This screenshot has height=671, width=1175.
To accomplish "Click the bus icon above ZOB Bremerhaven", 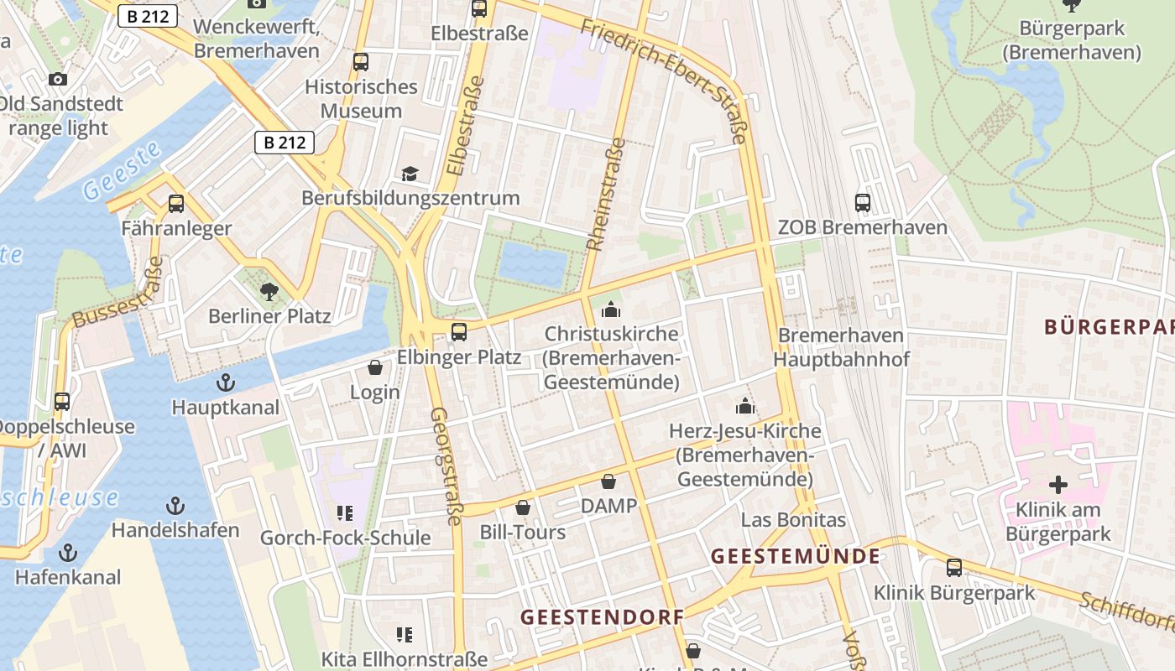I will pyautogui.click(x=863, y=202).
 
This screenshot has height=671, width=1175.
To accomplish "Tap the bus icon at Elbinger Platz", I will pyautogui.click(x=459, y=331).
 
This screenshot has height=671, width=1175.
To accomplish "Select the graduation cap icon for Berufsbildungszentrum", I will pyautogui.click(x=410, y=174).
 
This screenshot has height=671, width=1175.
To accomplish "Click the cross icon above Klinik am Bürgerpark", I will pyautogui.click(x=1058, y=484).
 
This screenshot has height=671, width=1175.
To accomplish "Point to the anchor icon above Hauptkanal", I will pyautogui.click(x=225, y=382).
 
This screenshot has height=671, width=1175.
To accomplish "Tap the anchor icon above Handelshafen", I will pyautogui.click(x=175, y=505).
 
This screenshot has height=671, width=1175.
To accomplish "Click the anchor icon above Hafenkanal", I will pyautogui.click(x=68, y=552).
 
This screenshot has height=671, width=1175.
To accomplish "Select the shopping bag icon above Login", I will pyautogui.click(x=375, y=367).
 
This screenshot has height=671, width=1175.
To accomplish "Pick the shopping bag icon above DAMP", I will pyautogui.click(x=608, y=481).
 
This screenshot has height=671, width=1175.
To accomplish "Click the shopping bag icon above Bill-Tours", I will pyautogui.click(x=523, y=507).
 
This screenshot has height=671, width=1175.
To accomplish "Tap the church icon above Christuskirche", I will pyautogui.click(x=611, y=309).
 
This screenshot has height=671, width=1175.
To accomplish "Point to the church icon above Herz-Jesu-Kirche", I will pyautogui.click(x=744, y=406).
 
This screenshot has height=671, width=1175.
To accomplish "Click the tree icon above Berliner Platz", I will pyautogui.click(x=269, y=292).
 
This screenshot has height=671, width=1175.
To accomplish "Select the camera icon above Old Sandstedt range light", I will pyautogui.click(x=57, y=79).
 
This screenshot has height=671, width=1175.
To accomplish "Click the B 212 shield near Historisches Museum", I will pyautogui.click(x=285, y=142).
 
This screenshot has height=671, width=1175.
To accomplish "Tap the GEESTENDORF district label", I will pyautogui.click(x=602, y=617).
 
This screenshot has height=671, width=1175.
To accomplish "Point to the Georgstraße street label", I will pyautogui.click(x=446, y=466).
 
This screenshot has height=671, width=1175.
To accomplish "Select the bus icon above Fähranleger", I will pyautogui.click(x=176, y=203).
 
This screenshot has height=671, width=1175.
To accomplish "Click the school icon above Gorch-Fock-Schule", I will pyautogui.click(x=344, y=512).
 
